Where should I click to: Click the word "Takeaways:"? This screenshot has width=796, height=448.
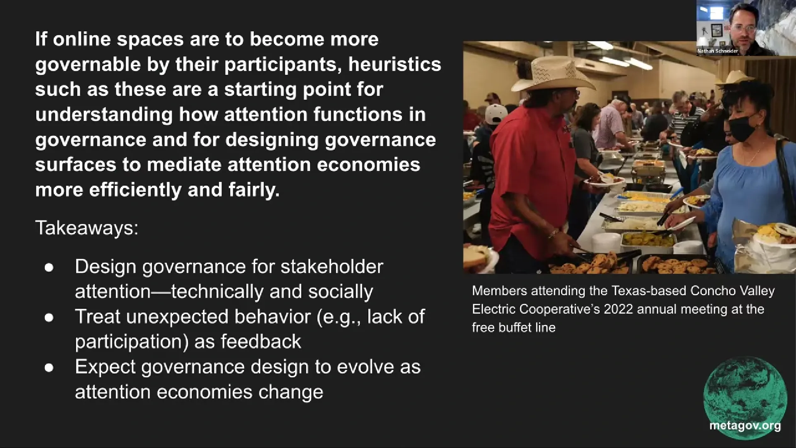click(x=87, y=228)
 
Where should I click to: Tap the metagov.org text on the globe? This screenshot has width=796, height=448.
click(x=745, y=425)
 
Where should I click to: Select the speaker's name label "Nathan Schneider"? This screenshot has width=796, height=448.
click(x=718, y=51)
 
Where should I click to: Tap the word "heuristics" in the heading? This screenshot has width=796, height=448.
click(x=394, y=65)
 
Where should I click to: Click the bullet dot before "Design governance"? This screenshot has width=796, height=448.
click(x=49, y=268)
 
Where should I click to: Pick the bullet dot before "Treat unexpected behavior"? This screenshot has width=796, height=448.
click(x=49, y=318)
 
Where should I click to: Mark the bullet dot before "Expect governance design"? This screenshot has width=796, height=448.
click(x=49, y=368)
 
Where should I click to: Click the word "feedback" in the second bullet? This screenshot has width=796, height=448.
click(x=261, y=342)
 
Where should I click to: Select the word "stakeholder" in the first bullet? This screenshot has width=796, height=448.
click(x=332, y=267)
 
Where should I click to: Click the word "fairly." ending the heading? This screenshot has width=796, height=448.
click(x=254, y=190)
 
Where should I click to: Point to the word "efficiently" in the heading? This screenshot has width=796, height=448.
click(x=135, y=190)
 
